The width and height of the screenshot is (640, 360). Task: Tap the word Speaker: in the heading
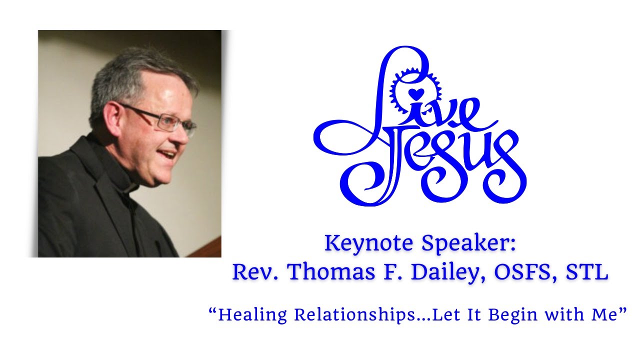pyautogui.click(x=469, y=244)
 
